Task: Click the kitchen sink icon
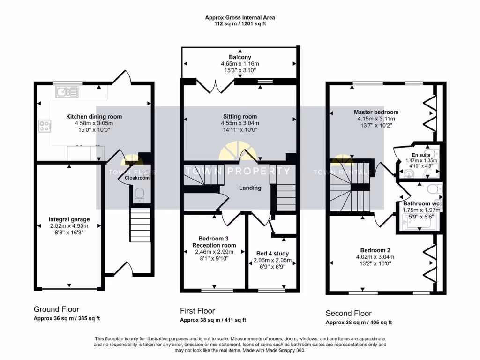67,92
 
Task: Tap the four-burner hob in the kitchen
45,126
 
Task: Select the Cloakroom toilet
139,195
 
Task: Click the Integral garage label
69,219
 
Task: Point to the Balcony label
240,57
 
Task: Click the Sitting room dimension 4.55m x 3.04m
240,123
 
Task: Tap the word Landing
250,187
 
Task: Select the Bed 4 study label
272,254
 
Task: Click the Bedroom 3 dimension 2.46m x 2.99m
214,252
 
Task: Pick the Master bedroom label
376,112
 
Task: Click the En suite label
421,155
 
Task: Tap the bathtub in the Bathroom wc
418,222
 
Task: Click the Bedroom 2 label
375,250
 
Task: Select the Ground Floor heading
56,309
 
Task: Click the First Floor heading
197,311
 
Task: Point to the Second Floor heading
349,313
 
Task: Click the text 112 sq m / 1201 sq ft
240,23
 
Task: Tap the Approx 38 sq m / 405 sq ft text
359,322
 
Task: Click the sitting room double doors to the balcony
215,86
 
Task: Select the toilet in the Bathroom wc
435,189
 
